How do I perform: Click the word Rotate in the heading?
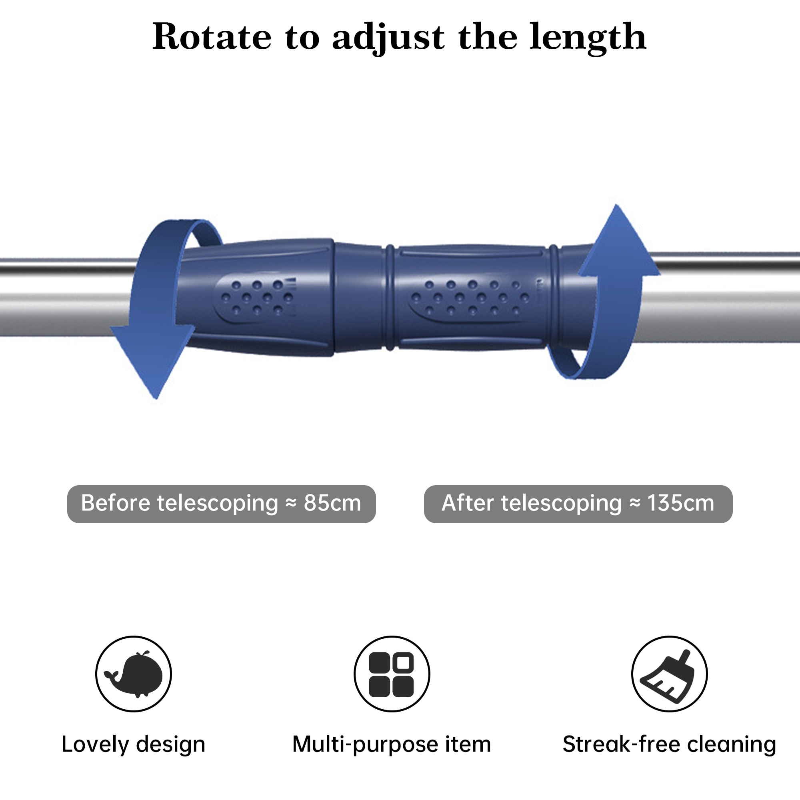(x=212, y=37)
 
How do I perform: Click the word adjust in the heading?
(x=388, y=38)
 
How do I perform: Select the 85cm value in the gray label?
(x=332, y=504)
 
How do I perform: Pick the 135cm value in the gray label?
(x=681, y=504)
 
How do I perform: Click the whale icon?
(x=133, y=674)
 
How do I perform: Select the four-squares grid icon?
(x=391, y=674)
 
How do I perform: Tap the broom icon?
(x=669, y=674)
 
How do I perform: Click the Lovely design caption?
(x=133, y=744)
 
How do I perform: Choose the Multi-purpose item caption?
(x=391, y=744)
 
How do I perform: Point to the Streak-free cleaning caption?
(x=669, y=744)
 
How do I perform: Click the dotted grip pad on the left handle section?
(x=257, y=297)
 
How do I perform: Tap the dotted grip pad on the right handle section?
(x=472, y=297)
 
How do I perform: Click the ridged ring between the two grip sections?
(x=390, y=297)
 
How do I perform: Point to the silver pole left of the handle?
(x=62, y=298)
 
